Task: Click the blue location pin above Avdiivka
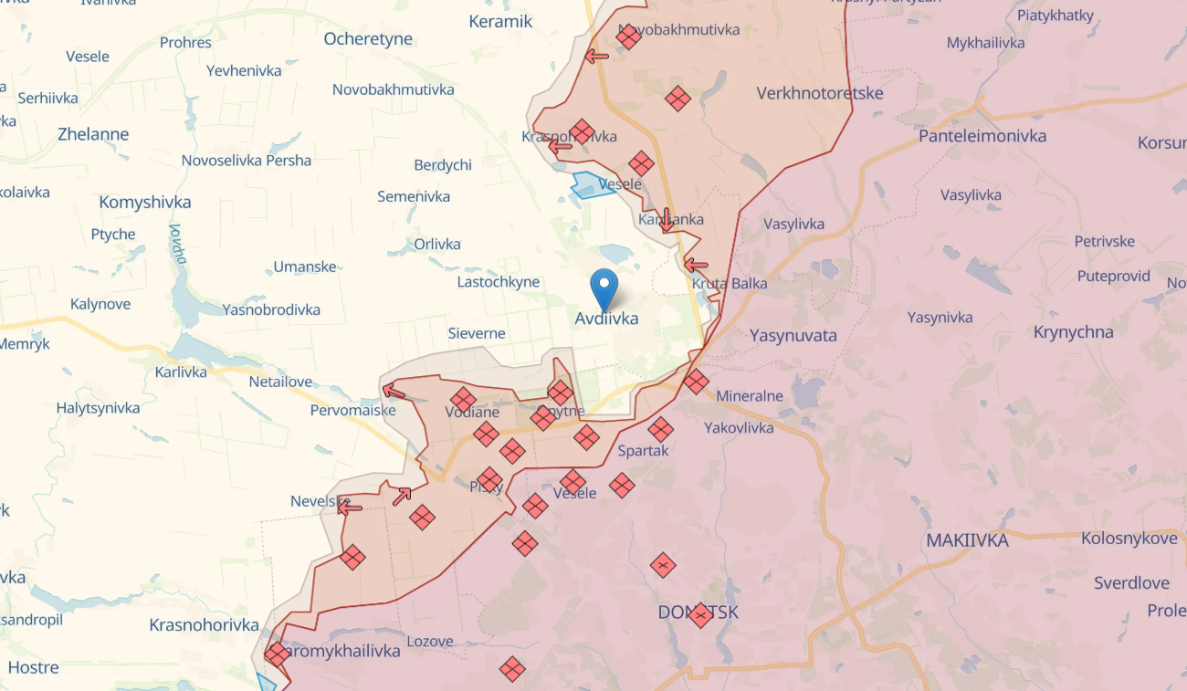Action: pos(604,288)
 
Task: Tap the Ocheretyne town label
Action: pos(368,39)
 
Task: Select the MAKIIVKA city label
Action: pos(967,540)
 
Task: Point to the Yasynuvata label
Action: pos(793,335)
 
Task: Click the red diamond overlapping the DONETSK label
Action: pos(700,615)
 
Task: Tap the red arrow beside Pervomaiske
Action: pos(394,392)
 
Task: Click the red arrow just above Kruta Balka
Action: pos(696,266)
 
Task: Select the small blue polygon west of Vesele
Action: pos(591,185)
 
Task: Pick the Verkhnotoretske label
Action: pos(819,93)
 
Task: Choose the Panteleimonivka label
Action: pos(982,136)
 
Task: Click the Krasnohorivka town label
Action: pos(204,625)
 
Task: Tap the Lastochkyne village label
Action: pos(498,282)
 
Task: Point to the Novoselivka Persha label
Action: pos(246,161)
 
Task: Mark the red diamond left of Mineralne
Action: pos(696,382)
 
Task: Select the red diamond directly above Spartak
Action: pos(660,429)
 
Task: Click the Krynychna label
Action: pos(1073,332)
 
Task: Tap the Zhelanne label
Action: pos(92,134)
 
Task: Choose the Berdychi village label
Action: pos(443,165)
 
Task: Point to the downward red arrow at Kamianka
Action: pos(667,219)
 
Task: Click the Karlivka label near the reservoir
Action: pos(180,372)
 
